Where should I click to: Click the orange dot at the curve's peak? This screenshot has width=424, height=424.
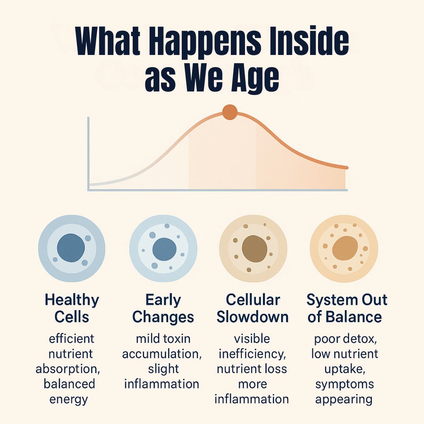pyautogui.click(x=230, y=112)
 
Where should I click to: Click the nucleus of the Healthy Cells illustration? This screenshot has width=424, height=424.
pyautogui.click(x=71, y=248)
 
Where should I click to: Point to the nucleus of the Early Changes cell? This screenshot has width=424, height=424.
pyautogui.click(x=164, y=249)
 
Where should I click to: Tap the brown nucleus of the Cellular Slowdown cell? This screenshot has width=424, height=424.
pyautogui.click(x=254, y=249)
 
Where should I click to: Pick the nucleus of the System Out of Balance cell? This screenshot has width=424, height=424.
pyautogui.click(x=345, y=248)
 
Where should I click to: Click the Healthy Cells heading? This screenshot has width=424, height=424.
pyautogui.click(x=72, y=308)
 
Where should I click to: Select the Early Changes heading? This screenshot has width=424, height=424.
pyautogui.click(x=163, y=308)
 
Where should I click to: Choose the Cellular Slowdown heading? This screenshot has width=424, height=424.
pyautogui.click(x=252, y=308)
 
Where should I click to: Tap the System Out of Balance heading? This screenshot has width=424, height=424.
pyautogui.click(x=347, y=308)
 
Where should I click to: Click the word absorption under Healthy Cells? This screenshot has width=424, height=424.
pyautogui.click(x=68, y=369)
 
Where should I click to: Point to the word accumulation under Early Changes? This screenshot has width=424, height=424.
pyautogui.click(x=162, y=354)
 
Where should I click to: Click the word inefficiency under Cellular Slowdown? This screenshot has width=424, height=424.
pyautogui.click(x=252, y=354)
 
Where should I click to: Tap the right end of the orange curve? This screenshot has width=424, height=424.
pyautogui.click(x=347, y=168)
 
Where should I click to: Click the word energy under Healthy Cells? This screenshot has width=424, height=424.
pyautogui.click(x=69, y=400)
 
